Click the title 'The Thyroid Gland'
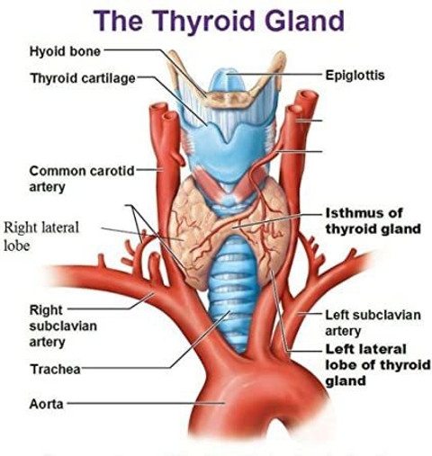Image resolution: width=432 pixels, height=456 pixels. click(x=219, y=22)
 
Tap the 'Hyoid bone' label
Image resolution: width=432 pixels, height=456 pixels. click(x=65, y=51)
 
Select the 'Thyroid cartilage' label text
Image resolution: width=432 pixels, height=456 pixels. click(x=83, y=78)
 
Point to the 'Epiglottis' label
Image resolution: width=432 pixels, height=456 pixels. click(x=355, y=75)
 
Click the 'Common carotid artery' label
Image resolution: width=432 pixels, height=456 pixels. click(x=82, y=179)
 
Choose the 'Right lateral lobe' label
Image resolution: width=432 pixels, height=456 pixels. click(x=41, y=237)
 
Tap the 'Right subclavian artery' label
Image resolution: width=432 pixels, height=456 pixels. click(x=63, y=326)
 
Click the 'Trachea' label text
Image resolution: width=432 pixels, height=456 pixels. click(x=55, y=369)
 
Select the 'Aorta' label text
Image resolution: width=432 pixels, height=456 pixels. click(x=47, y=404)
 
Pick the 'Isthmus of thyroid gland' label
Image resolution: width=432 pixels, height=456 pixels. click(x=373, y=221)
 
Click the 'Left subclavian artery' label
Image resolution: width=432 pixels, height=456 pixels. click(x=373, y=323)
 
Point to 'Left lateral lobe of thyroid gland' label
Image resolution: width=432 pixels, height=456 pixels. click(x=378, y=365)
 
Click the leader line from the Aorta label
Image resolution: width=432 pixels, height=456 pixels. click(x=146, y=404)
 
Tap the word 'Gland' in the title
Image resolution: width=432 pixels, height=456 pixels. click(x=305, y=21)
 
